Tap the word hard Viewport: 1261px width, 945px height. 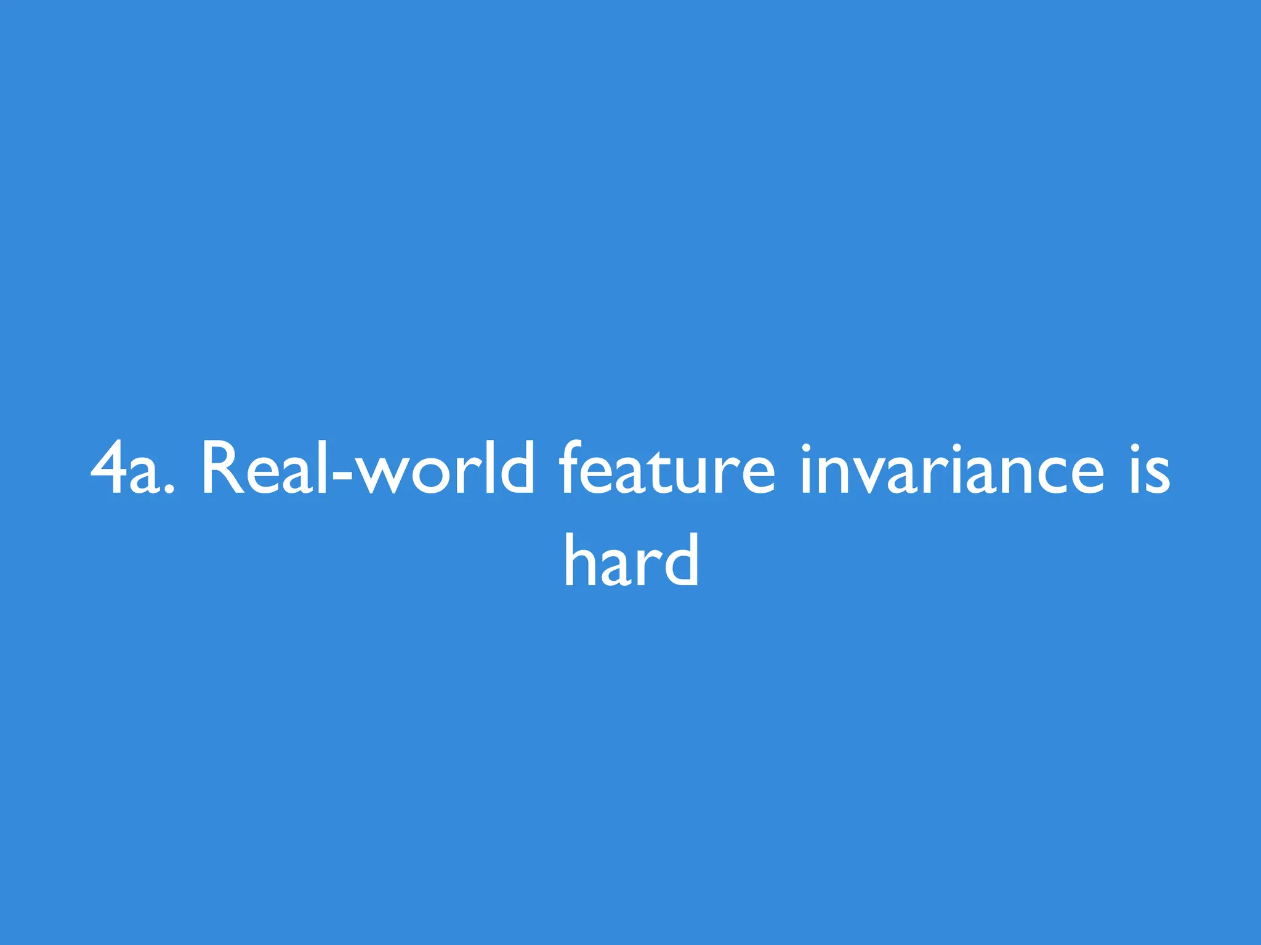click(632, 560)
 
